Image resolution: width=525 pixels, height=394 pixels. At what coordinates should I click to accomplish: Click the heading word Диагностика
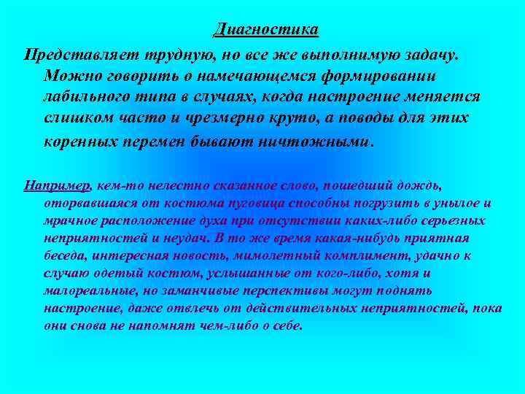coord(266,30)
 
